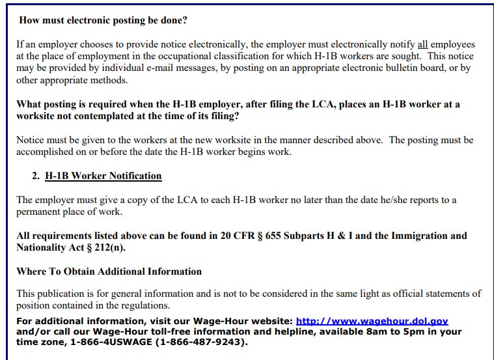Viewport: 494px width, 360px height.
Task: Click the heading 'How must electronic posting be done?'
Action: (103, 20)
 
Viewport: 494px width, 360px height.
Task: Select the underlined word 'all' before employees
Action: (422, 45)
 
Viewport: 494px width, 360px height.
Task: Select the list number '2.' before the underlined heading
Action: (36, 176)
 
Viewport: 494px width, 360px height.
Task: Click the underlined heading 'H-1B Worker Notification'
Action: (103, 176)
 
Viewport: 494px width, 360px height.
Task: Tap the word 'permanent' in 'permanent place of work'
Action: (39, 212)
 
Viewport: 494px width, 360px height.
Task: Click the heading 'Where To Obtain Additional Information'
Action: (109, 271)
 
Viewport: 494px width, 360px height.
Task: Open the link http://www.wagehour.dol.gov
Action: (372, 321)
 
